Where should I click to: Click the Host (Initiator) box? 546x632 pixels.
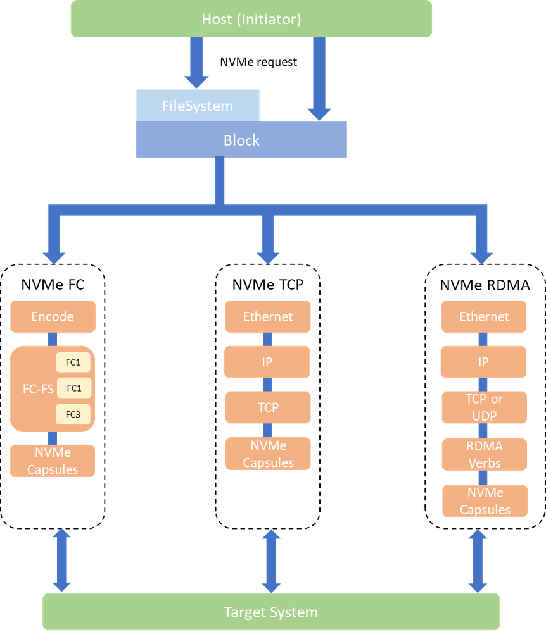pyautogui.click(x=251, y=19)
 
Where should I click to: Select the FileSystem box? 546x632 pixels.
pyautogui.click(x=197, y=106)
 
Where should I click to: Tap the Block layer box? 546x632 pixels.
pyautogui.click(x=241, y=140)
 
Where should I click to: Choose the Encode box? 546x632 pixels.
pyautogui.click(x=53, y=316)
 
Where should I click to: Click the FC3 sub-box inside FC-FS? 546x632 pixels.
pyautogui.click(x=73, y=414)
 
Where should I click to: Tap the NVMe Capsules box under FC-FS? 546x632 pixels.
pyautogui.click(x=53, y=461)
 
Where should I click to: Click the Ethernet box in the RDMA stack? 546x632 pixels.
pyautogui.click(x=484, y=316)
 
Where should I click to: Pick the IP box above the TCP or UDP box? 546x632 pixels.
pyautogui.click(x=484, y=362)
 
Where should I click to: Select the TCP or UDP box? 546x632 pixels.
pyautogui.click(x=484, y=407)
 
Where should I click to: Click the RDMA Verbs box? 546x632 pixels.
pyautogui.click(x=484, y=454)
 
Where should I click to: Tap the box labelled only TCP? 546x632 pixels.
pyautogui.click(x=268, y=407)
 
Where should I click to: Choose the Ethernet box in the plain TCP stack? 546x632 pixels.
pyautogui.click(x=268, y=316)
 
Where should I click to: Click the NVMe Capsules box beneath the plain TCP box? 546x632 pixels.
pyautogui.click(x=268, y=454)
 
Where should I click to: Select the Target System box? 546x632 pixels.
pyautogui.click(x=271, y=612)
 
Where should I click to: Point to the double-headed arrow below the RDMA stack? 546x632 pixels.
pyautogui.click(x=478, y=561)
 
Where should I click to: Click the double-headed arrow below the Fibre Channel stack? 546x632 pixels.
pyautogui.click(x=61, y=559)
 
